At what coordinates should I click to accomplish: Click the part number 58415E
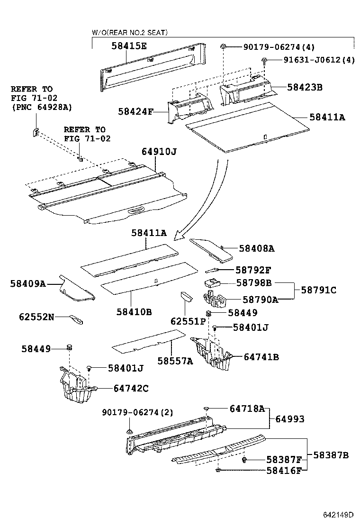pyautogui.click(x=129, y=46)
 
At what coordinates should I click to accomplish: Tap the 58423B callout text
pyautogui.click(x=305, y=87)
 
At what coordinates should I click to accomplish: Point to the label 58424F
pyautogui.click(x=136, y=112)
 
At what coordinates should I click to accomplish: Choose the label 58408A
pyautogui.click(x=257, y=248)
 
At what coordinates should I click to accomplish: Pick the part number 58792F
pyautogui.click(x=253, y=270)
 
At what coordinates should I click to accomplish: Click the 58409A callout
pyautogui.click(x=28, y=283)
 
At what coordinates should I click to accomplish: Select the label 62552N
pyautogui.click(x=36, y=316)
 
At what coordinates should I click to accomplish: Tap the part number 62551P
pyautogui.click(x=188, y=321)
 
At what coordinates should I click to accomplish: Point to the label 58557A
pyautogui.click(x=175, y=361)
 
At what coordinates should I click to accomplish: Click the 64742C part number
pyautogui.click(x=131, y=388)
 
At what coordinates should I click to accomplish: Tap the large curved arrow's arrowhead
pyautogui.click(x=179, y=235)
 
